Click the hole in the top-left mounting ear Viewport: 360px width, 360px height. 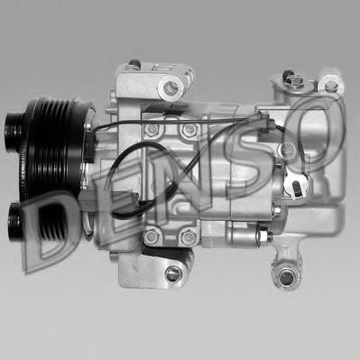tap(172, 88)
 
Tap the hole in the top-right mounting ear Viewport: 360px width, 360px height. tap(329, 85)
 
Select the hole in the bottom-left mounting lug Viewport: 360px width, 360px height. tap(172, 276)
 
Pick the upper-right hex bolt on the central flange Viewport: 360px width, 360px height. tap(189, 130)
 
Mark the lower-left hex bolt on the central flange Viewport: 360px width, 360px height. tap(151, 237)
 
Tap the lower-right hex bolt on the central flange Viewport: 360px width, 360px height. tap(188, 237)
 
